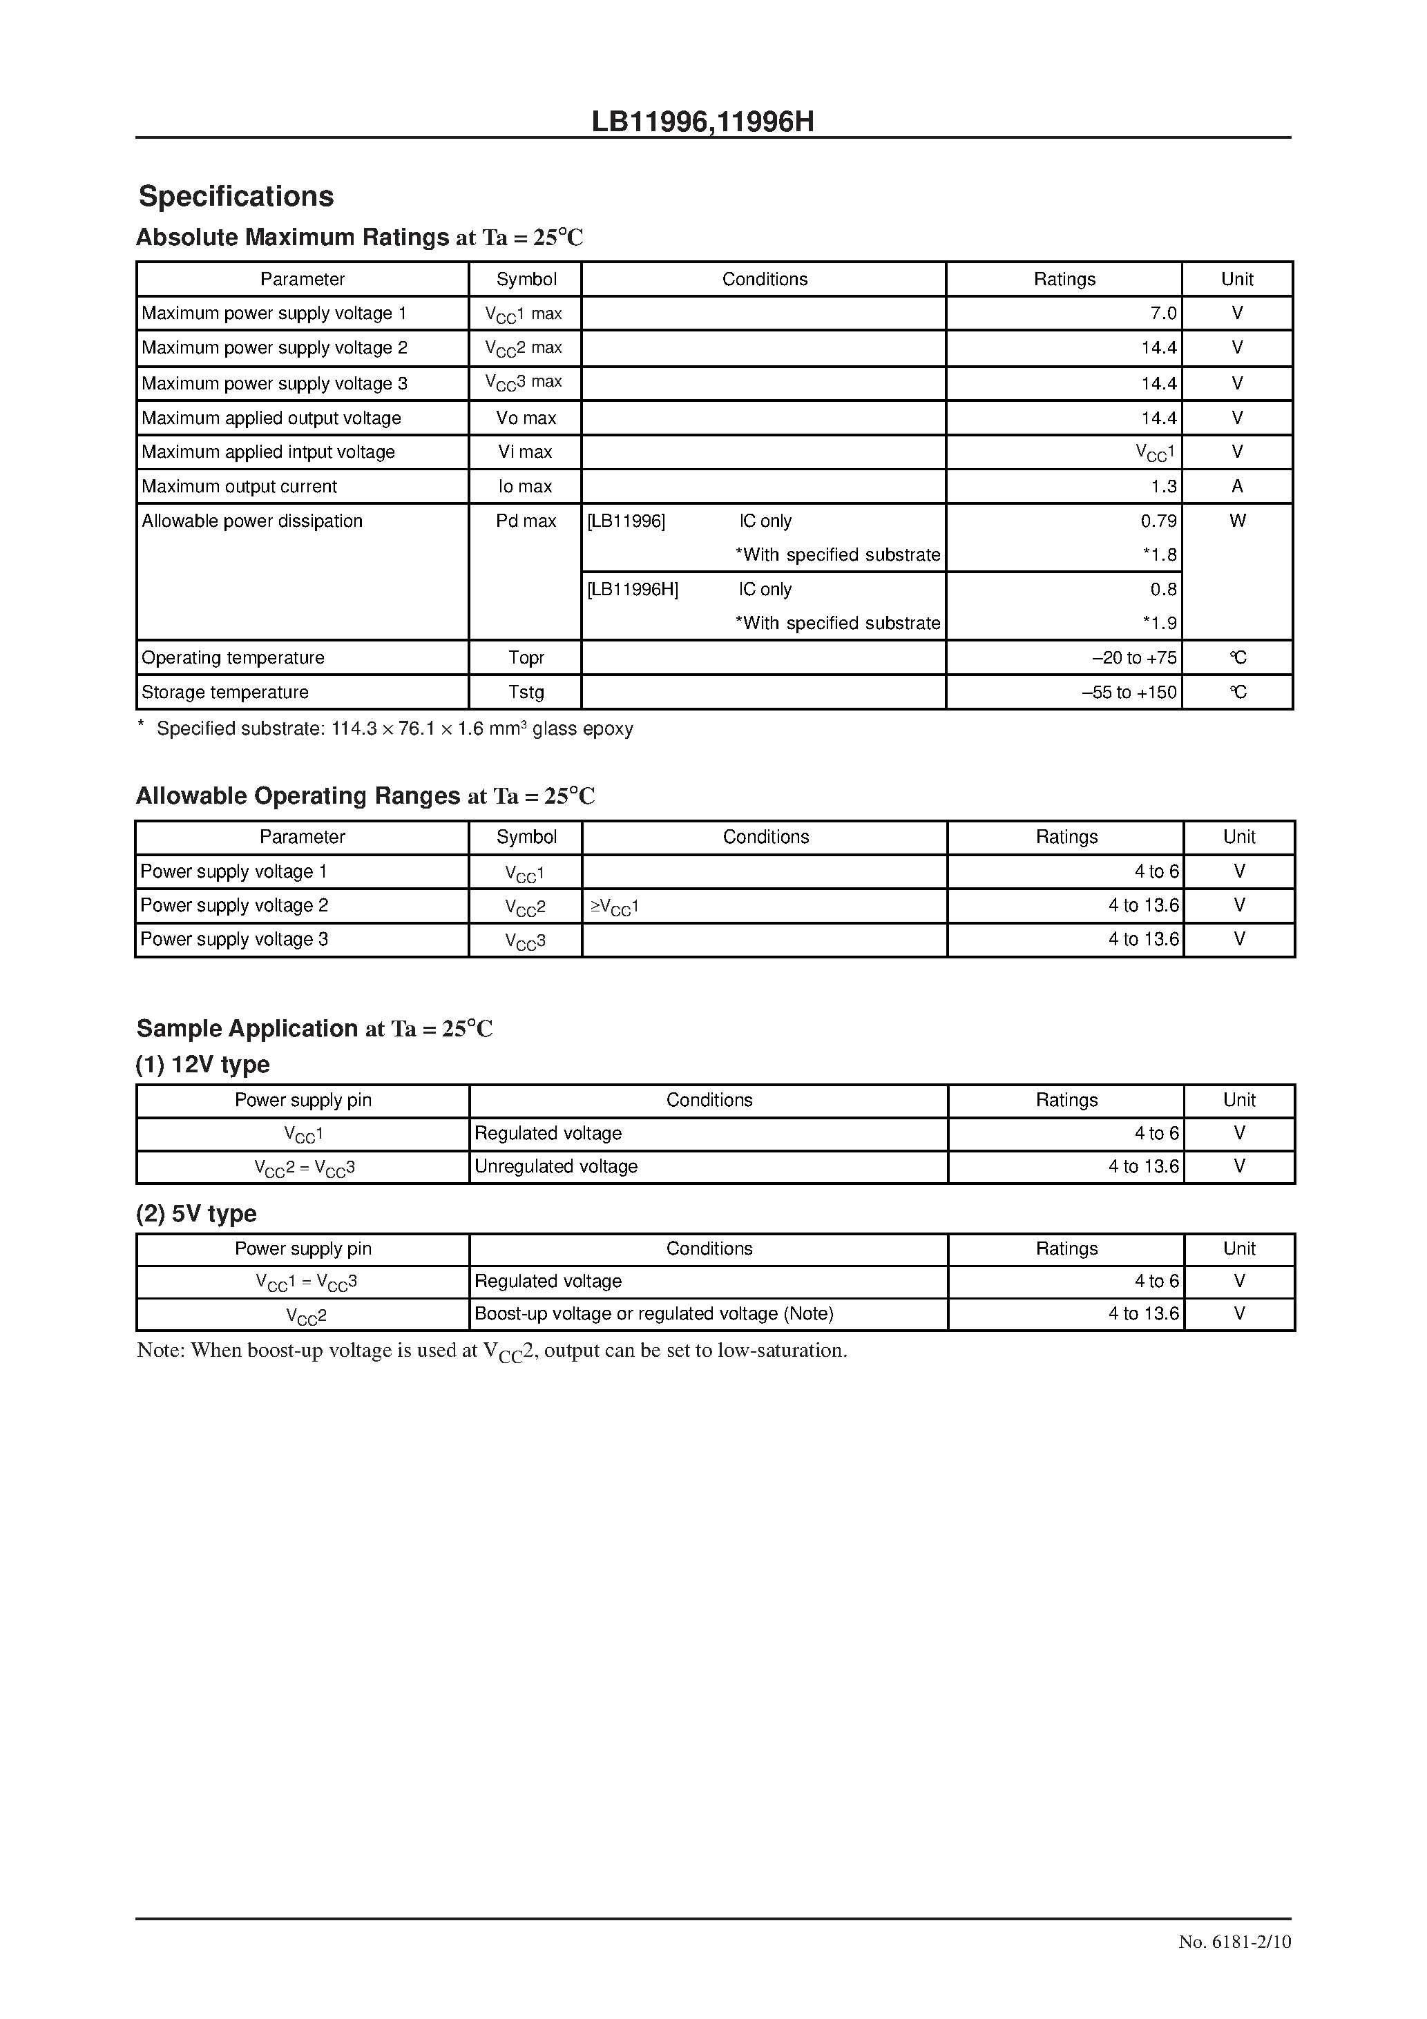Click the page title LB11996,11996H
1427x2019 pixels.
coord(702,122)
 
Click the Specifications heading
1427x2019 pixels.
coord(236,196)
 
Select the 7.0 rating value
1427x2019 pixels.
coord(1162,313)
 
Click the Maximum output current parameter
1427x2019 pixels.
coord(239,486)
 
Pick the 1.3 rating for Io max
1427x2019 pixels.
coord(1163,486)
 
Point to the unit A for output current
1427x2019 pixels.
coord(1237,486)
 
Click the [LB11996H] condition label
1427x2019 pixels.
coord(633,589)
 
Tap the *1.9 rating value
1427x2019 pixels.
coord(1159,624)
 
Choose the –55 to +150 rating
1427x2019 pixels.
coord(1129,692)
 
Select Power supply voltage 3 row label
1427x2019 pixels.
coord(234,939)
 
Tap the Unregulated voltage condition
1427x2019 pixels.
coord(555,1167)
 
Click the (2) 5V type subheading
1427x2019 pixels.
coord(196,1213)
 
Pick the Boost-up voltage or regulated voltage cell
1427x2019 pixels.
coord(653,1314)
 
